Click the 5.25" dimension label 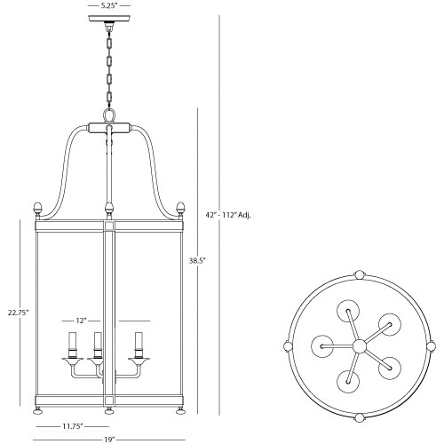pos(108,5)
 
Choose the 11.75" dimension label pos(73,426)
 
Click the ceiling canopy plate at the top pos(108,20)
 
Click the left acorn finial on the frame pos(36,210)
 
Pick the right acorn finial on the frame pos(181,210)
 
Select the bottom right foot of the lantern pos(181,410)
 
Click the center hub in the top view pos(359,345)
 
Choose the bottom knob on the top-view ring pos(359,416)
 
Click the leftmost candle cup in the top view pos(321,344)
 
